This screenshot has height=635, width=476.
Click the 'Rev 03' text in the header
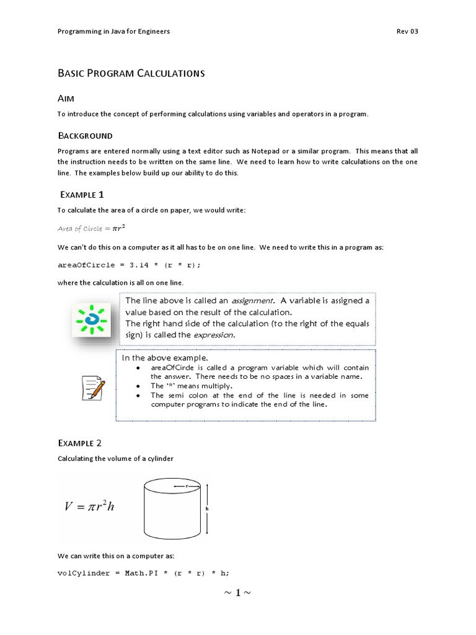click(x=407, y=32)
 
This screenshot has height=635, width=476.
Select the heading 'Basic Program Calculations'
click(x=131, y=73)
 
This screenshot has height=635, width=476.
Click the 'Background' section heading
click(x=85, y=135)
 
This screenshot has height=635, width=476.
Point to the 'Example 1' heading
click(x=86, y=195)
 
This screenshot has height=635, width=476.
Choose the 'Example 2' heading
click(x=79, y=443)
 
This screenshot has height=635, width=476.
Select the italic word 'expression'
click(x=214, y=335)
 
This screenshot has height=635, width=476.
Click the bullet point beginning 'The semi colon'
click(x=259, y=399)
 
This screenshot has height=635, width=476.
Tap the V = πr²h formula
click(x=90, y=506)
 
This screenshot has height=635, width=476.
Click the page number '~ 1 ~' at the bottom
click(x=237, y=593)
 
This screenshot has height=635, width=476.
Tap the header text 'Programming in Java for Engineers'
click(x=113, y=32)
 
